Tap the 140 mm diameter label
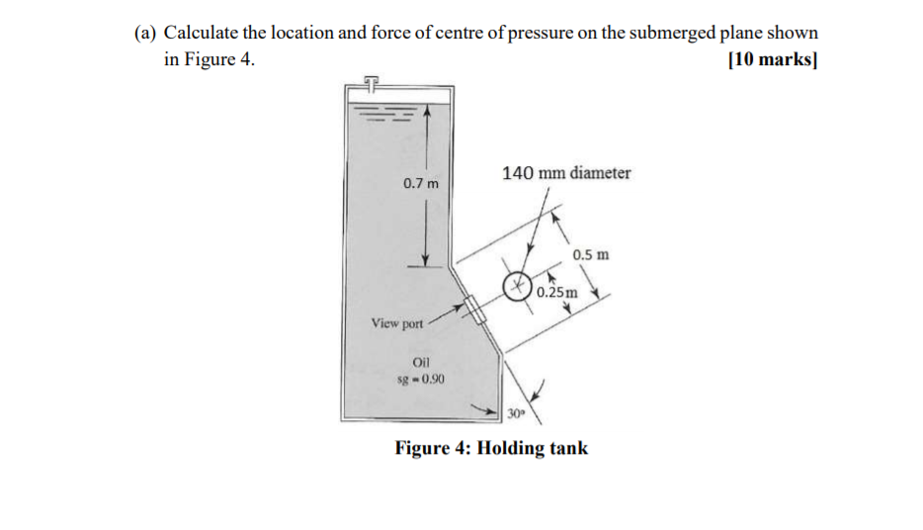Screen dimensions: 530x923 566,173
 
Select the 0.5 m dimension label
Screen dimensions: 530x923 591,254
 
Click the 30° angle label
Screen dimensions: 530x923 515,411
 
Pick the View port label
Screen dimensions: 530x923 396,323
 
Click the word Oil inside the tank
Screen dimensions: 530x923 419,363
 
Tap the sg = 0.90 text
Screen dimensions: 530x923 419,379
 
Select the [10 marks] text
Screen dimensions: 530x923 771,59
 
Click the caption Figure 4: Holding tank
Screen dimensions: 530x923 491,448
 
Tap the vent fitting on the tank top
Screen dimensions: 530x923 370,80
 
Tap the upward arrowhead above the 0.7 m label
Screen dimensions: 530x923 427,113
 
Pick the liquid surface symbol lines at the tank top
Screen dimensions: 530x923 380,112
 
